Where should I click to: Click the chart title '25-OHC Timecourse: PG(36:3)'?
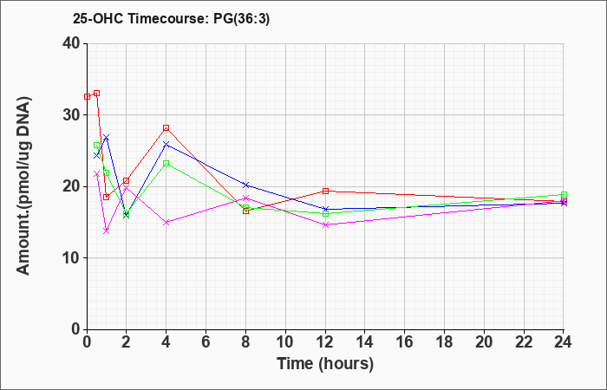(x=171, y=18)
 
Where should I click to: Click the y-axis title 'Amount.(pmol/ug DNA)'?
(x=24, y=186)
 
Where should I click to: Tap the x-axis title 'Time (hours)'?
(x=325, y=364)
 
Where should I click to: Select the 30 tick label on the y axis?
(x=71, y=115)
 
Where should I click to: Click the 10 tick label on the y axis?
(x=71, y=258)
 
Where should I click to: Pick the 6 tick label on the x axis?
(x=206, y=341)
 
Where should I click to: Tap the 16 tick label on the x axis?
(x=404, y=341)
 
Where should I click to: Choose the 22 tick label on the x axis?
(x=524, y=341)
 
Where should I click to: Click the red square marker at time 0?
(x=87, y=96)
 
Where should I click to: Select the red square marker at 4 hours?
(x=166, y=127)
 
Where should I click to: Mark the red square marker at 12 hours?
(x=325, y=191)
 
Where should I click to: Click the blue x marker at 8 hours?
(x=245, y=185)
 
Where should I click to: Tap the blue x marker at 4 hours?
(x=166, y=145)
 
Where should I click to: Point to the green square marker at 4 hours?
(x=166, y=163)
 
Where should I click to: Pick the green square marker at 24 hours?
(x=564, y=195)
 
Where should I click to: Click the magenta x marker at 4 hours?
(x=166, y=222)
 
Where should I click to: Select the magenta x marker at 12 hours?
(x=325, y=224)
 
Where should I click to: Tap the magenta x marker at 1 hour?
(x=107, y=231)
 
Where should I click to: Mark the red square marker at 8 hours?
(x=245, y=211)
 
